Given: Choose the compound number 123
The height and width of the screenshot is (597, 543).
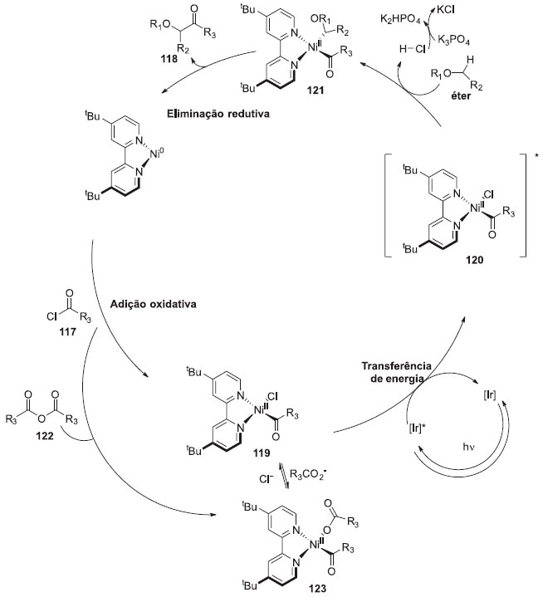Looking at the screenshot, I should click(269, 586).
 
